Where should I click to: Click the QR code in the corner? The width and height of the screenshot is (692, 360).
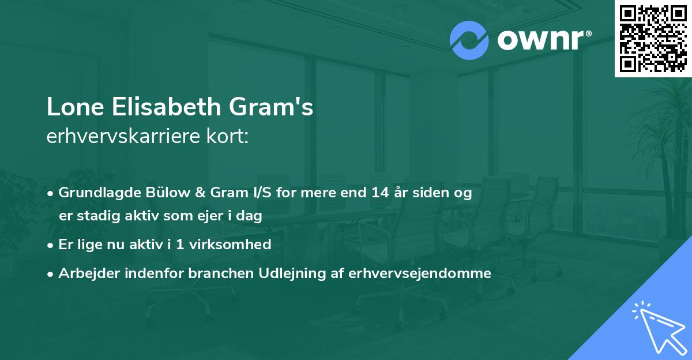(x=653, y=38)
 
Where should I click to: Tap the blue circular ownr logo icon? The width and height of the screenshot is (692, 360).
(x=469, y=40)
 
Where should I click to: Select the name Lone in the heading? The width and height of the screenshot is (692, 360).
(x=72, y=107)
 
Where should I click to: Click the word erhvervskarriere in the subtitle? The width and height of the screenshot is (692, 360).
(x=119, y=137)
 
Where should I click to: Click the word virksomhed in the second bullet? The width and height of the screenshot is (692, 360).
(x=236, y=245)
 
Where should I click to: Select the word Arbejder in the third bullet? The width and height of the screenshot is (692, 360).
(x=84, y=273)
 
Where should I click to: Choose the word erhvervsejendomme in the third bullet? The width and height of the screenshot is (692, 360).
(x=420, y=273)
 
